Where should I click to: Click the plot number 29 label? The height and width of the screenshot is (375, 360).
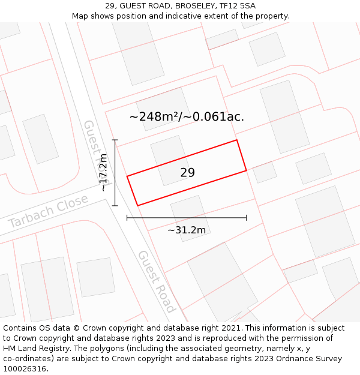coord(187,173)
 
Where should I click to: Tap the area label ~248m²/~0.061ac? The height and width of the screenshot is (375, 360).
coord(187,117)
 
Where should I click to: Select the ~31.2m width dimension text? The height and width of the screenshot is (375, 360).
coord(187,230)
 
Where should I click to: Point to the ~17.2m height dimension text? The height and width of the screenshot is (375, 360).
coord(103,173)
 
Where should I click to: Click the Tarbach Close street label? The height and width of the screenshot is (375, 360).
coord(48,211)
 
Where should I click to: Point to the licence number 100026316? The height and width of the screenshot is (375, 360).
coord(26,369)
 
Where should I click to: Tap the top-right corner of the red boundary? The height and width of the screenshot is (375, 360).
coord(237,140)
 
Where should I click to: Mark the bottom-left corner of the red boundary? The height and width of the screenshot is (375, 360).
coord(138,206)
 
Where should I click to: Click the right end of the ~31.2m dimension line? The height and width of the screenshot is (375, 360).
coord(247,218)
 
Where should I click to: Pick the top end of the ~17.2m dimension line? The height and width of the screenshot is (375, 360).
coord(115,140)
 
